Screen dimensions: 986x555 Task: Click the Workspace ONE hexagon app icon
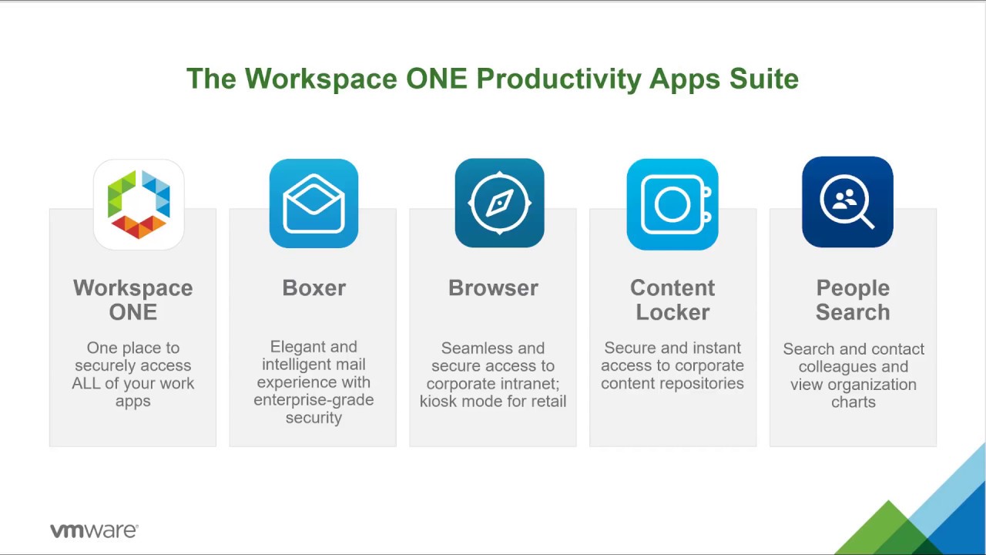click(139, 204)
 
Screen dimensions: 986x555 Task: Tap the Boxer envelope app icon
click(314, 203)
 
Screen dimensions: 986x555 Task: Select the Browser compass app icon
click(500, 203)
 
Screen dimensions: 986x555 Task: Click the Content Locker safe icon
click(672, 204)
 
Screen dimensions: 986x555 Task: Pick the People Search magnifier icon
click(848, 202)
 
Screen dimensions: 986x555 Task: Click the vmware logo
click(94, 531)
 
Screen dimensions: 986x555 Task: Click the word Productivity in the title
click(558, 79)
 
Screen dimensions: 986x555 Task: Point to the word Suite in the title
click(763, 79)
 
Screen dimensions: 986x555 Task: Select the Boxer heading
click(314, 288)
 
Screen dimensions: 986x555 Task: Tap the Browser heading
click(493, 288)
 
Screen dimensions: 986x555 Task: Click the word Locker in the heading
click(672, 312)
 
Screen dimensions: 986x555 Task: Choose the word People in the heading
click(853, 289)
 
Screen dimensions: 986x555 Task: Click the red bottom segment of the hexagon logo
click(139, 227)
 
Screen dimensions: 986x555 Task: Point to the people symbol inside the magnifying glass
click(844, 199)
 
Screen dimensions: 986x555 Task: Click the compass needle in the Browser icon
click(500, 203)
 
